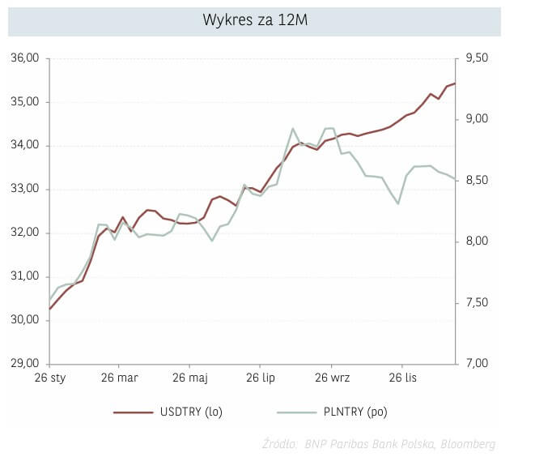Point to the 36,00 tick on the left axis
tap(24, 58)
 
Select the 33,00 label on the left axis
tap(24, 189)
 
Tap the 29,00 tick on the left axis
tap(24, 363)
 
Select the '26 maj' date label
tap(189, 378)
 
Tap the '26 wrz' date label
tap(332, 378)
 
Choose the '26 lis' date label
tap(403, 378)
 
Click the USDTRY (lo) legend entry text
tap(190, 412)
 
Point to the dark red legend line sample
tap(133, 412)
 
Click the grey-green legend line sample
tap(296, 412)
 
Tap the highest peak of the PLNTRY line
tap(293, 129)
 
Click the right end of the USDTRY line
tap(455, 83)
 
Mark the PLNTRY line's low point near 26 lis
tap(398, 203)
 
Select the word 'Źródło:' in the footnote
tap(280, 444)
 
